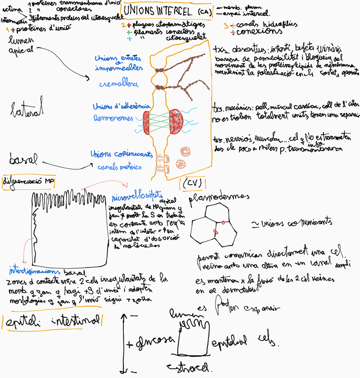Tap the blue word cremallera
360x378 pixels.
click(119, 84)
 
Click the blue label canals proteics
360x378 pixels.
click(121, 167)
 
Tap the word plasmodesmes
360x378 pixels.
click(219, 197)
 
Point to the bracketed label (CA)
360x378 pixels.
click(205, 12)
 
